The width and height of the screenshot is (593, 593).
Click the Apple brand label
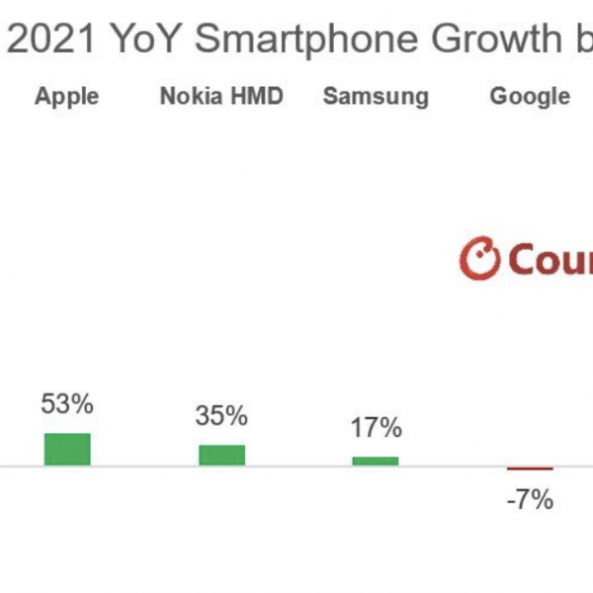coord(67,96)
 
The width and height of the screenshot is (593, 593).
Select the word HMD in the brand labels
coord(259,96)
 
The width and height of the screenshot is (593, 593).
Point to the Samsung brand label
coord(376,96)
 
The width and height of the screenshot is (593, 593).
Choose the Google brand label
coord(530,96)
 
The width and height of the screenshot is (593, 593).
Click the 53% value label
coord(67,404)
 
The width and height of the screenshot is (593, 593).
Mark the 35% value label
coord(221,416)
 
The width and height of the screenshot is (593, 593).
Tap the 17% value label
coord(376,429)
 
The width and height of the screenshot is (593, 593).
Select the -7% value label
coord(529,500)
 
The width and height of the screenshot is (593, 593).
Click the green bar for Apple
coord(67,449)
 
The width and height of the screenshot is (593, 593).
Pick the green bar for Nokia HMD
coord(221,455)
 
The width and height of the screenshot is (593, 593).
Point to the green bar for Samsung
coord(376,461)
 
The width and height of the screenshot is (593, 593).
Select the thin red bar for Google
coord(530,468)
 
